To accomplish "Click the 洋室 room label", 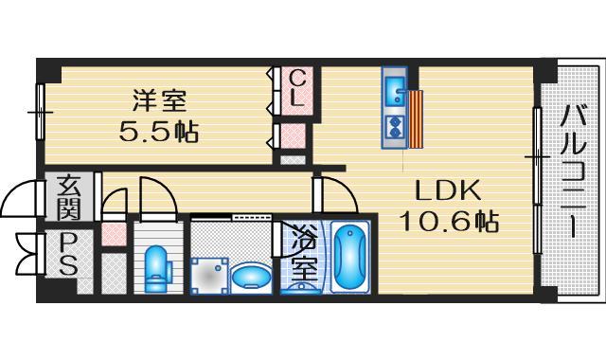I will pos(158,99).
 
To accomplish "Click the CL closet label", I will pos(295,87).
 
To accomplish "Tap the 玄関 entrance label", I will pos(68,196).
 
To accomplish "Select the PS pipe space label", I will pos(68,254).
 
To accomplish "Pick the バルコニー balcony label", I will pos(572,171).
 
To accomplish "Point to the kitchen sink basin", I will pos(395,95).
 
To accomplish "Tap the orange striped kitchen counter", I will pos(417,118).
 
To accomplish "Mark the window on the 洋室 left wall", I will pos(41,112).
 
